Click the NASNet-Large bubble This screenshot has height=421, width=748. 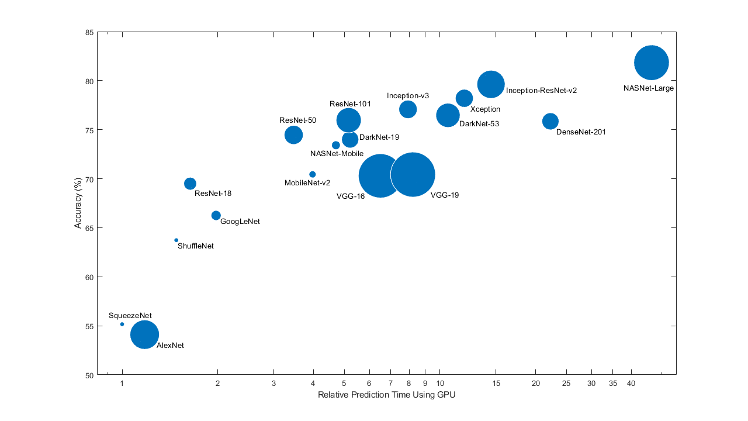coord(651,63)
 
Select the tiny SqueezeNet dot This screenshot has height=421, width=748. coord(122,324)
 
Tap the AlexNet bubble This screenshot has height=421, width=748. coord(145,334)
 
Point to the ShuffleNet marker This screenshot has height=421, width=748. coord(176,240)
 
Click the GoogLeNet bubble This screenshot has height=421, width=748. coord(216,215)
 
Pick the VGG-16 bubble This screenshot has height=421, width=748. coord(380,176)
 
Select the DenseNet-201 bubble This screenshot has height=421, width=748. coord(550,121)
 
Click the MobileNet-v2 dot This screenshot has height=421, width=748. coord(312,174)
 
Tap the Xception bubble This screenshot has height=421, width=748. coord(464,98)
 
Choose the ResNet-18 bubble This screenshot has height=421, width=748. coord(190,184)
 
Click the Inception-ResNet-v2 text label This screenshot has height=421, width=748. coord(541,91)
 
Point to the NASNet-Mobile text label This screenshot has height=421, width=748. coord(337,154)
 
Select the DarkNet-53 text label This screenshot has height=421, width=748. coord(479,124)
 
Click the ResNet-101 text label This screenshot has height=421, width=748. coord(350,103)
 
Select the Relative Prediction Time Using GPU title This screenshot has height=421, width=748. coord(386,395)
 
